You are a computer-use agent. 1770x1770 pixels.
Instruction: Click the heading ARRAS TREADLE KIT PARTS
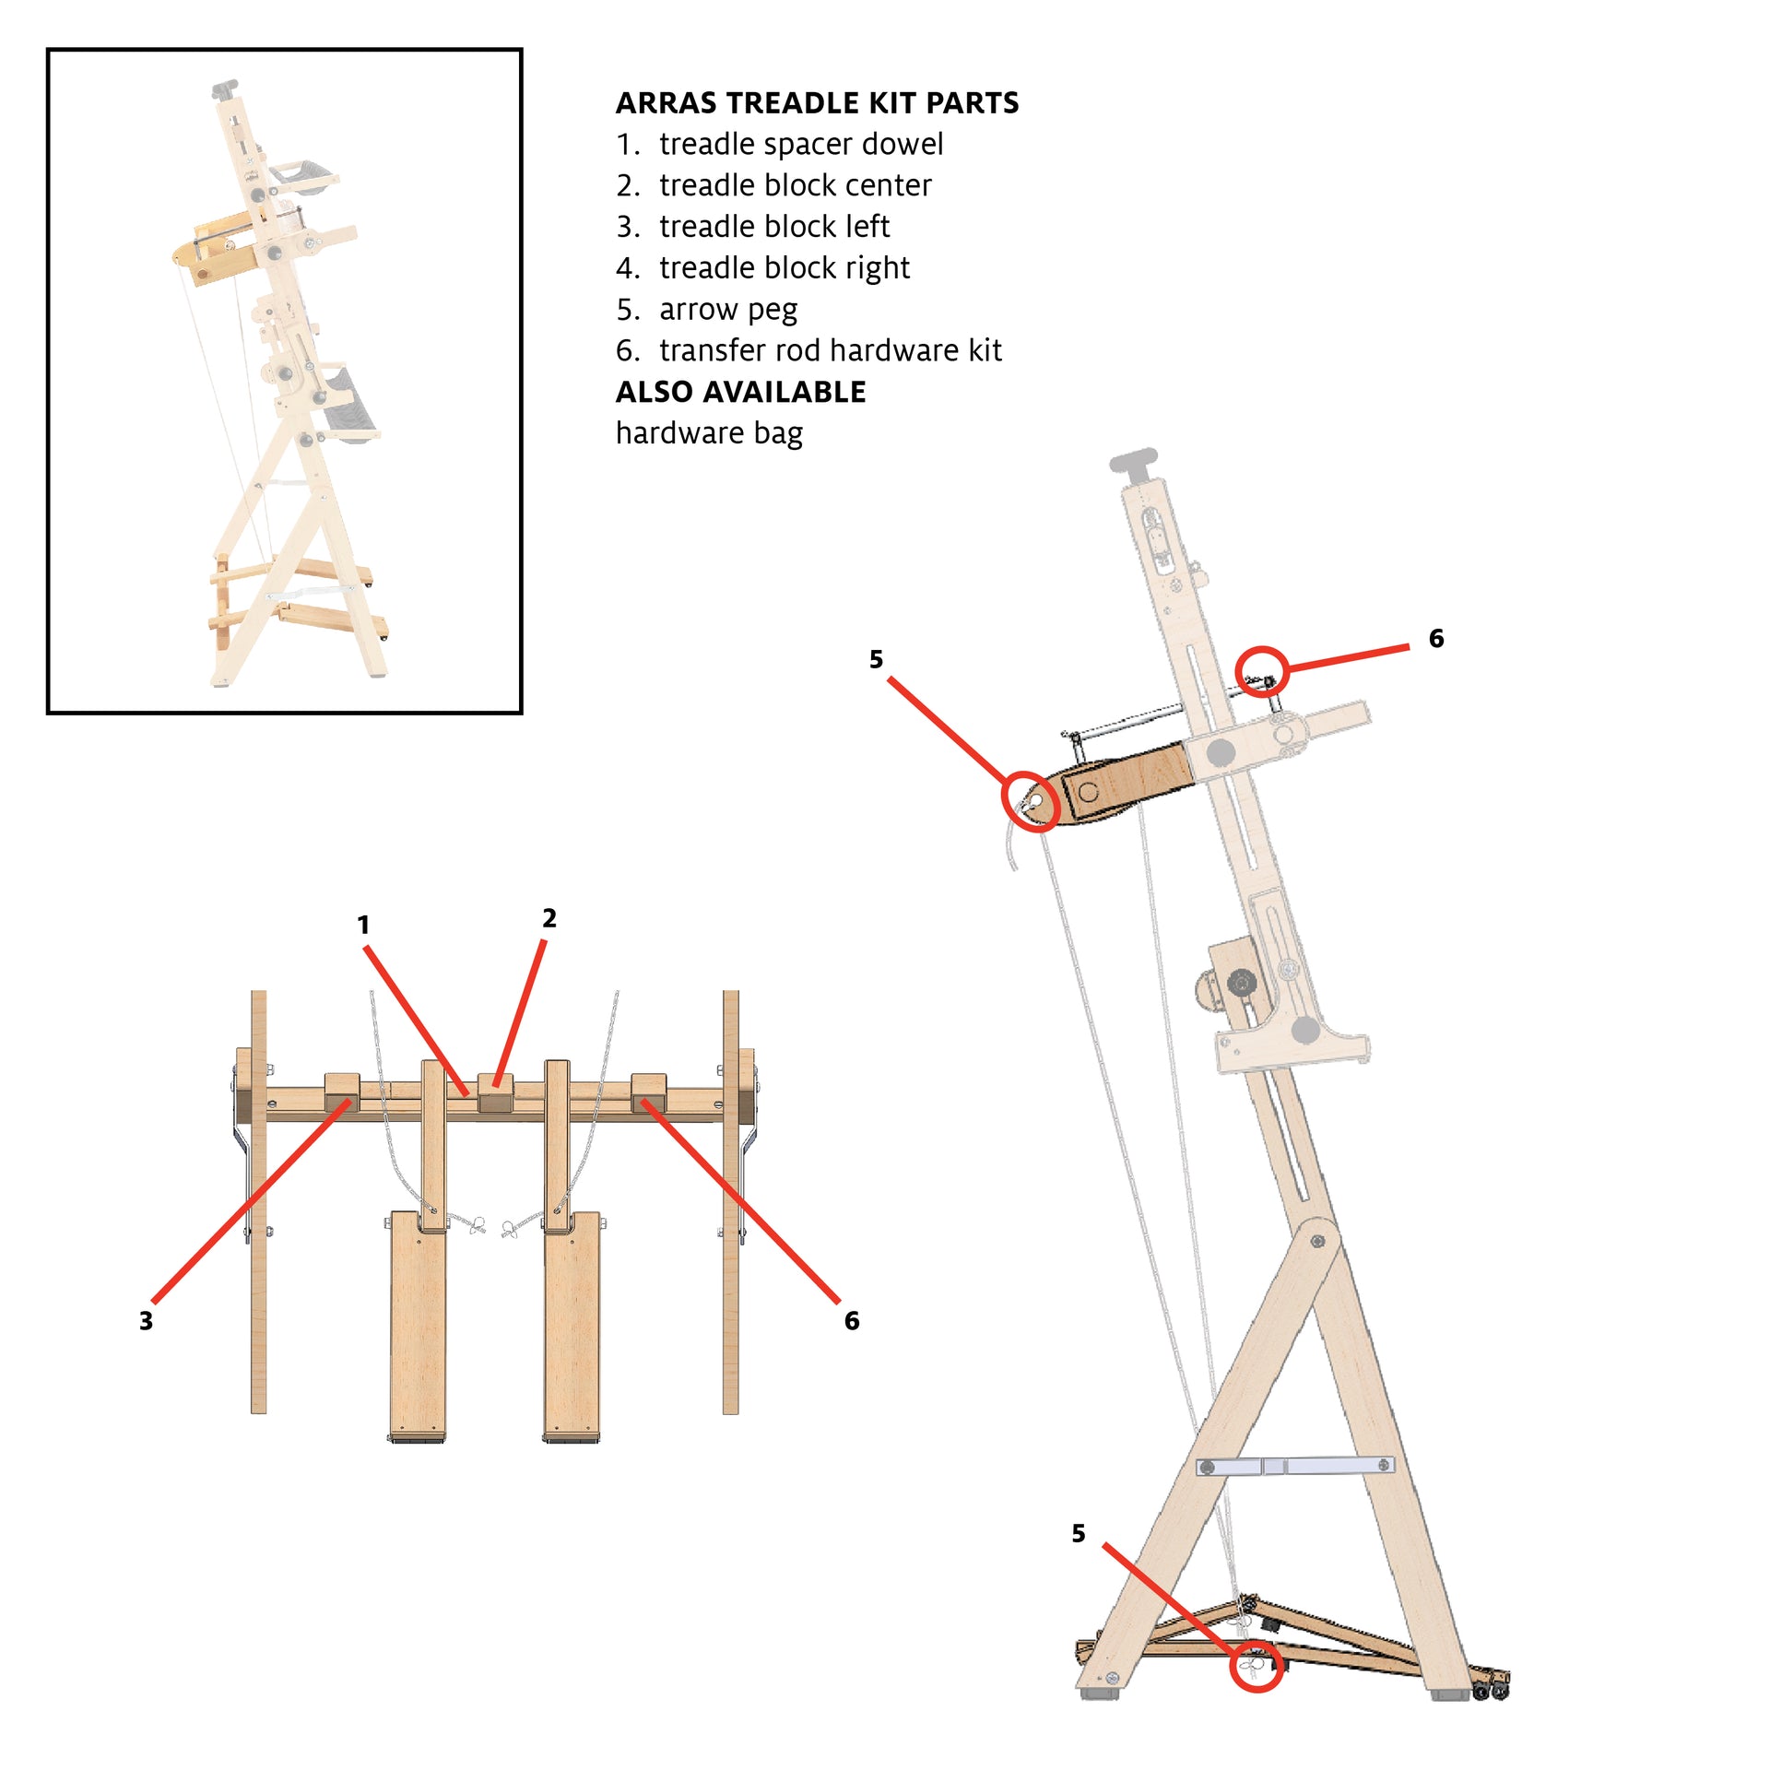[817, 102]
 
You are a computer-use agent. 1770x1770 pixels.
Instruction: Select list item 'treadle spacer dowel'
[800, 144]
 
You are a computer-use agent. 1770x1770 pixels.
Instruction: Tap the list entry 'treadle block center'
[795, 185]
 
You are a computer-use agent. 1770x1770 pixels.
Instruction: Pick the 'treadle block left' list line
[773, 227]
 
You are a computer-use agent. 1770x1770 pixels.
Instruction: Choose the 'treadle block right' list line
[784, 268]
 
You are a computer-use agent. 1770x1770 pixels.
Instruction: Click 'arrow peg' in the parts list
[727, 310]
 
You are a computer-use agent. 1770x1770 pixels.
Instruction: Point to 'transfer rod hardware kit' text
[830, 350]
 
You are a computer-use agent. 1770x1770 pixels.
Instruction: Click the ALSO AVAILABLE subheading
[740, 392]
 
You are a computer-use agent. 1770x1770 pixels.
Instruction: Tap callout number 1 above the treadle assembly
[363, 925]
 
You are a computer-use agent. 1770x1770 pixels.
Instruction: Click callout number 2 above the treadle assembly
[549, 918]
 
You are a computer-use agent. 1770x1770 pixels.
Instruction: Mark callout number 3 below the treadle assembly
[146, 1321]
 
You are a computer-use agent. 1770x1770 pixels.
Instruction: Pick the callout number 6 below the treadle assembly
[852, 1321]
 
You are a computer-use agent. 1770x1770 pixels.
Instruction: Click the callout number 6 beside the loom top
[1436, 638]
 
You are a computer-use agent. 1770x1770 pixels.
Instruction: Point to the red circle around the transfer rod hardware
[1261, 672]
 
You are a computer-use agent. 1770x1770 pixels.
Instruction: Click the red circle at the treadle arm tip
[1030, 800]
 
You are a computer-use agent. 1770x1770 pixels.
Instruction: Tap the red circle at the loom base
[1257, 1666]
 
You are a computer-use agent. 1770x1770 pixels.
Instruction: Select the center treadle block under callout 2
[495, 1092]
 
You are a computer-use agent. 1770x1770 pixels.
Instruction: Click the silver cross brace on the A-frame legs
[1295, 1466]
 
